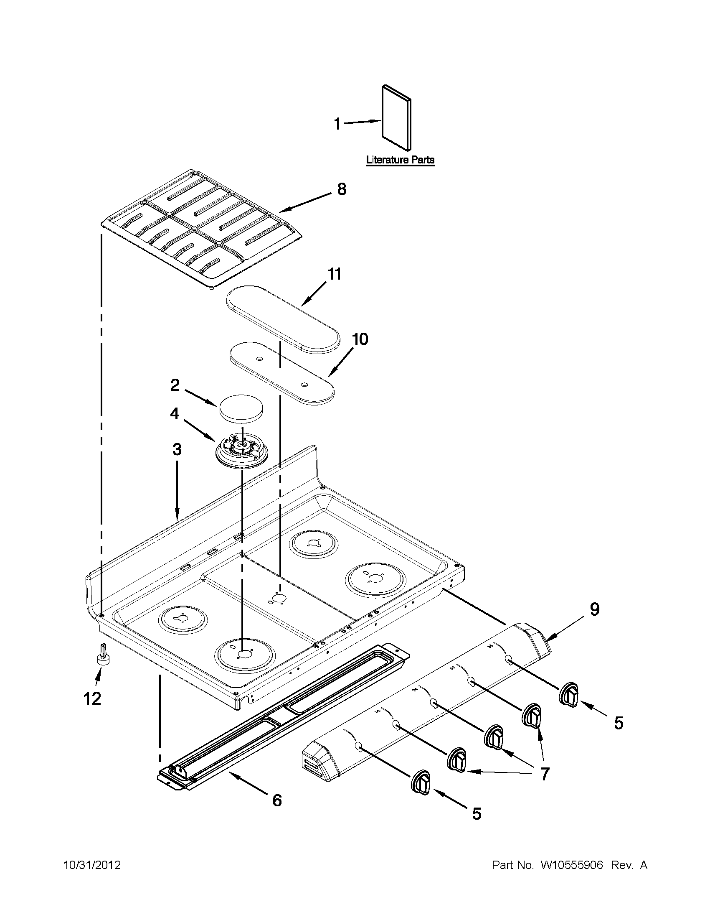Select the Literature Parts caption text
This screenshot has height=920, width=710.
(400, 160)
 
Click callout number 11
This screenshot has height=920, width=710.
(334, 274)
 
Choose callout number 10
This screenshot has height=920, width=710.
(360, 339)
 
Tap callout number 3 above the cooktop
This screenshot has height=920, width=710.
(177, 449)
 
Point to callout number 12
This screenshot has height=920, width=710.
(93, 699)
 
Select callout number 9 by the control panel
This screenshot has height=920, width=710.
(594, 609)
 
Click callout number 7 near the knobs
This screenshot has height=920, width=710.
(545, 774)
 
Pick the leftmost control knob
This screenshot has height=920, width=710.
(421, 783)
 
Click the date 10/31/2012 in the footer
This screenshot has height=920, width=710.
(92, 865)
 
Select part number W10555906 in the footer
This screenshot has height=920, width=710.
(571, 865)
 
